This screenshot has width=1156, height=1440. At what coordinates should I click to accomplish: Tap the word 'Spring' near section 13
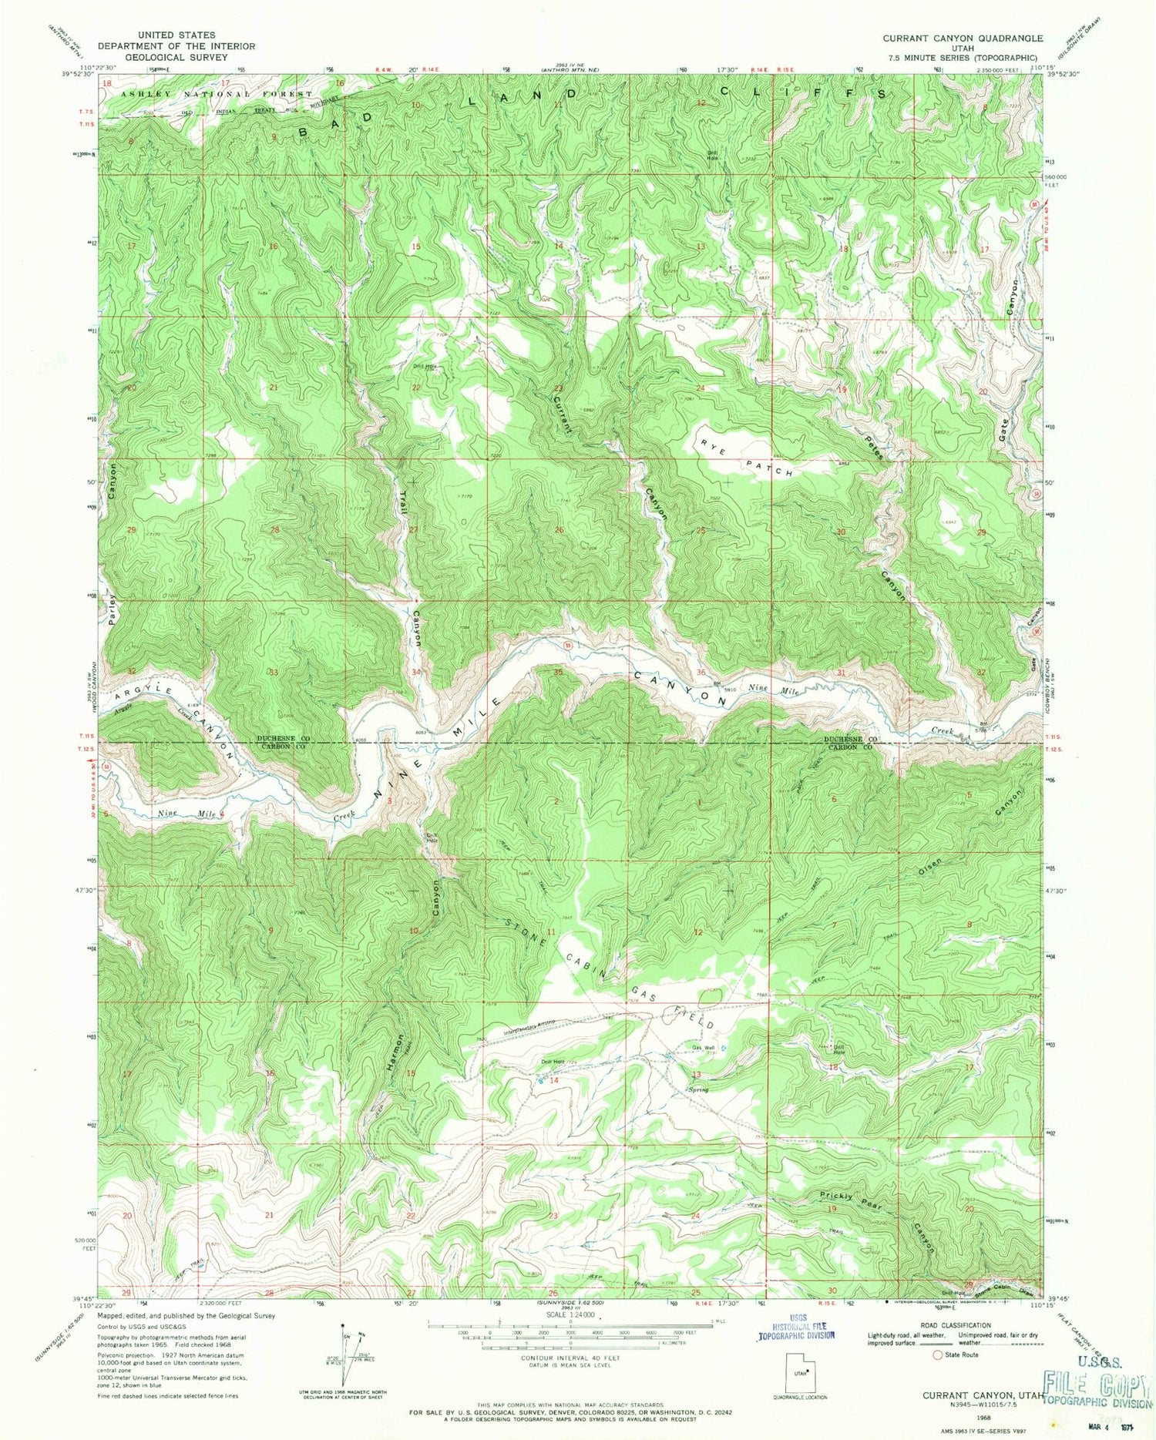pyautogui.click(x=698, y=1089)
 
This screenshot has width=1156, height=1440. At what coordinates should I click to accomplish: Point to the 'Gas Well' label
pyautogui.click(x=704, y=1047)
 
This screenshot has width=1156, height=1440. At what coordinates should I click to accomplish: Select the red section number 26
pyautogui.click(x=559, y=530)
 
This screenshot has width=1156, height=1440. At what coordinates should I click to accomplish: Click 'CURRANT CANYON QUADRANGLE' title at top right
pyautogui.click(x=963, y=38)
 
